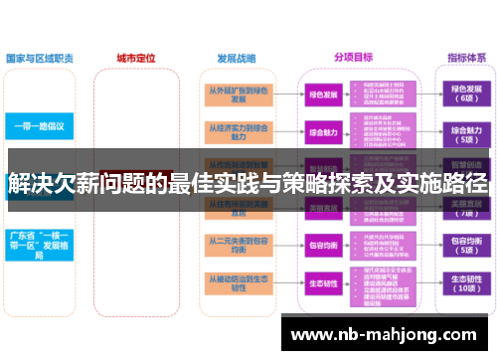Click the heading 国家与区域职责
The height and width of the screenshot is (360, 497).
41,58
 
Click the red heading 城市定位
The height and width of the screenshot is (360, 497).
136,57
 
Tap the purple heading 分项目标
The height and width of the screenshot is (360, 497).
352,58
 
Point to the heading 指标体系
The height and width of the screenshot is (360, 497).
464,58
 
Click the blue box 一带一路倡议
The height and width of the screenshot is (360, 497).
40,127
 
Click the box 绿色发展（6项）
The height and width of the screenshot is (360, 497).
465,94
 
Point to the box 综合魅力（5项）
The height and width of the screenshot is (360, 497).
465,132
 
